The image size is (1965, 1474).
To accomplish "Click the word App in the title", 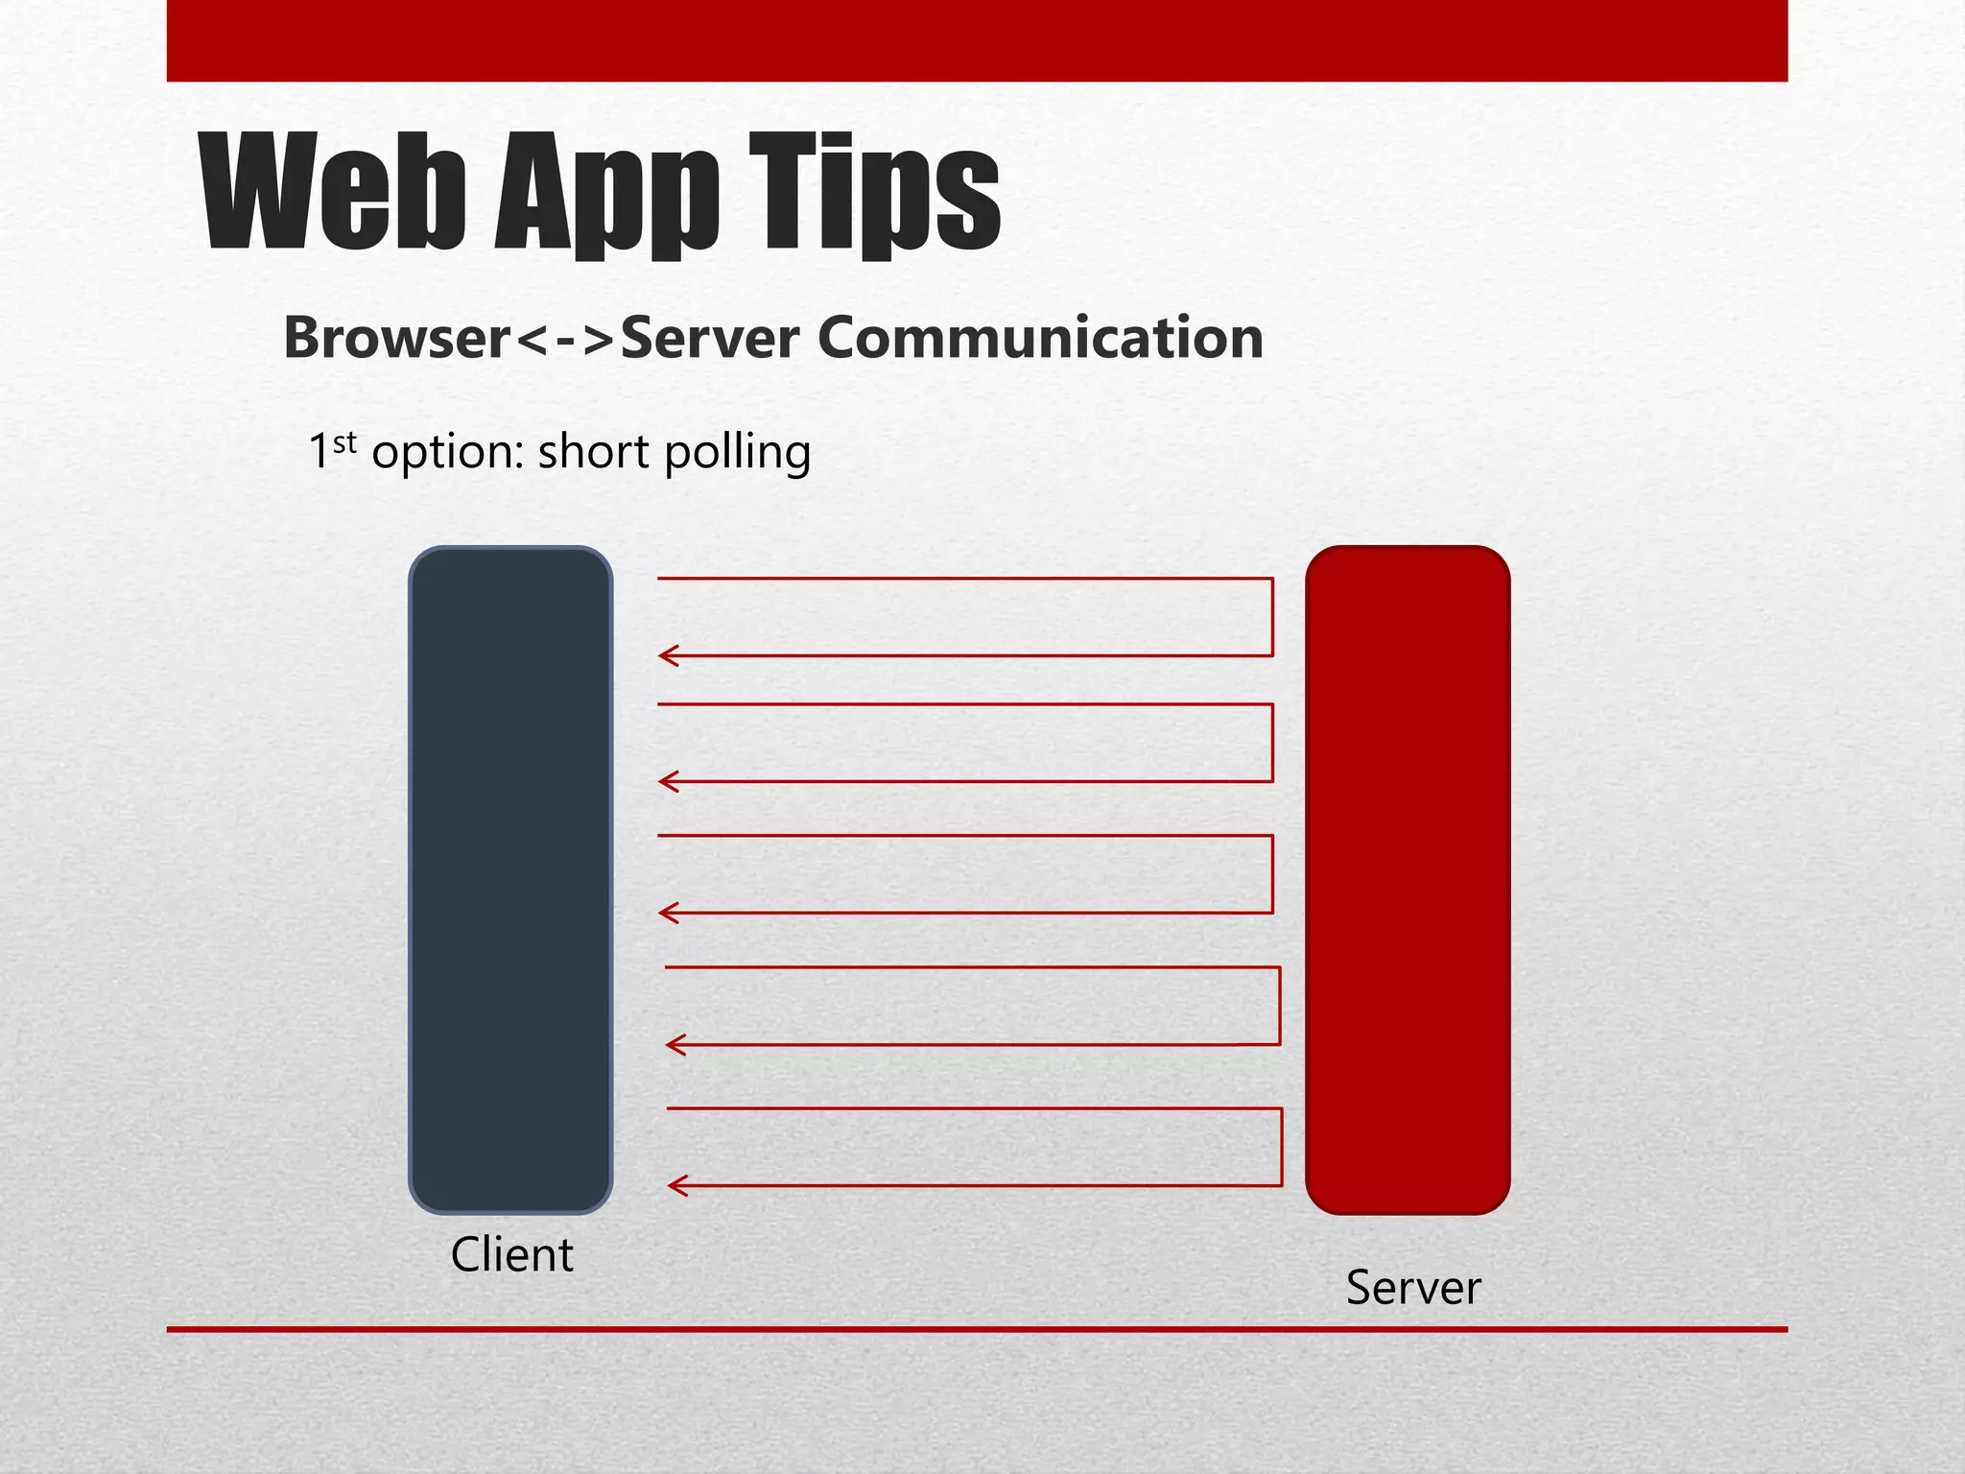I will point(607,197).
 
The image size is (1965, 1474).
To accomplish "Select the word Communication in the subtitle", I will point(1040,338).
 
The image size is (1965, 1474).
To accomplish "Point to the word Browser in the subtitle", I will point(397,338).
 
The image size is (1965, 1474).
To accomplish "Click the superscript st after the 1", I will point(344,443).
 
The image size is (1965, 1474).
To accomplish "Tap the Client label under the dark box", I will point(511,1255).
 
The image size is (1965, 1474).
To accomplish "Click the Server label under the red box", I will point(1413,1288).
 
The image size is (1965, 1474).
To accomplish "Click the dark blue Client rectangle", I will point(510,879).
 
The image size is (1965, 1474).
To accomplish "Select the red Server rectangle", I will point(1408,879).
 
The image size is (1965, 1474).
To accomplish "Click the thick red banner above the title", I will point(977,40).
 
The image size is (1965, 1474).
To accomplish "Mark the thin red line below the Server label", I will point(977,1329).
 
